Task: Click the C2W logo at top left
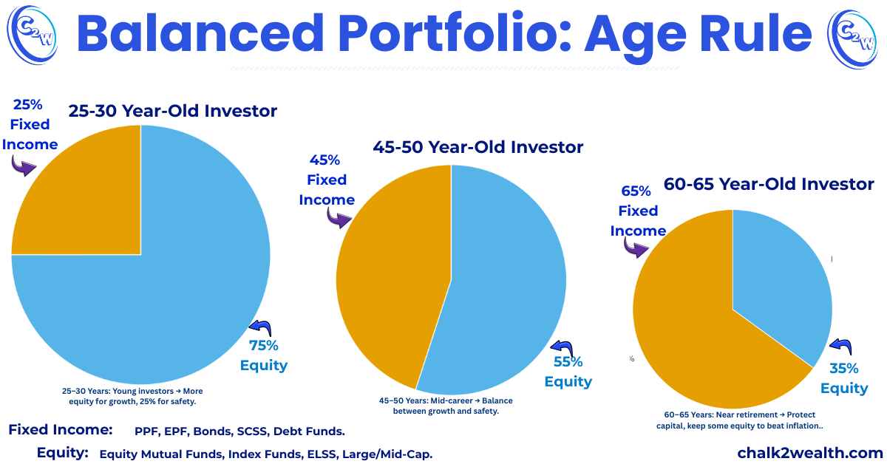[x=29, y=32]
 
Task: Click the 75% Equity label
[x=264, y=355]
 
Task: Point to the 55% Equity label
[x=568, y=372]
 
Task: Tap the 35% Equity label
[x=844, y=378]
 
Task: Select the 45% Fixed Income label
[x=325, y=180]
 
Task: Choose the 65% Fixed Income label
[x=638, y=211]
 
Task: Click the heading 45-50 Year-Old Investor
[x=478, y=147]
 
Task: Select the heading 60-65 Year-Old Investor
[x=769, y=183]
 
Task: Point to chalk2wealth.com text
[x=810, y=452]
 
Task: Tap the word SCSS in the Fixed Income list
[x=271, y=431]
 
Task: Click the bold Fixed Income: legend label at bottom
[x=61, y=429]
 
